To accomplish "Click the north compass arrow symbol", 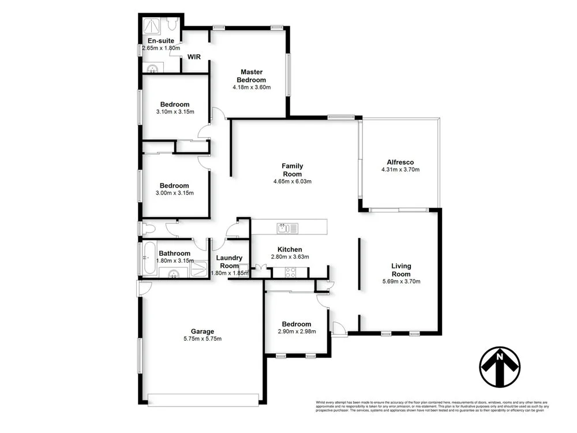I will click(x=500, y=367).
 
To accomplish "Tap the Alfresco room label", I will click(x=400, y=162).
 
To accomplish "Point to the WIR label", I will click(x=194, y=57).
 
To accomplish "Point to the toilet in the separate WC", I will click(x=147, y=229).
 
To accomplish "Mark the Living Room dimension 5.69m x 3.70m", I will click(x=401, y=282).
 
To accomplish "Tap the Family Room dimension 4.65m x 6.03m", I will click(x=293, y=181).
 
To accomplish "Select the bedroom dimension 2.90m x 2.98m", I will click(x=296, y=331).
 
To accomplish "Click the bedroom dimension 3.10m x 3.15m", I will click(x=175, y=112).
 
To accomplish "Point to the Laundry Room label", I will click(x=229, y=262).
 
